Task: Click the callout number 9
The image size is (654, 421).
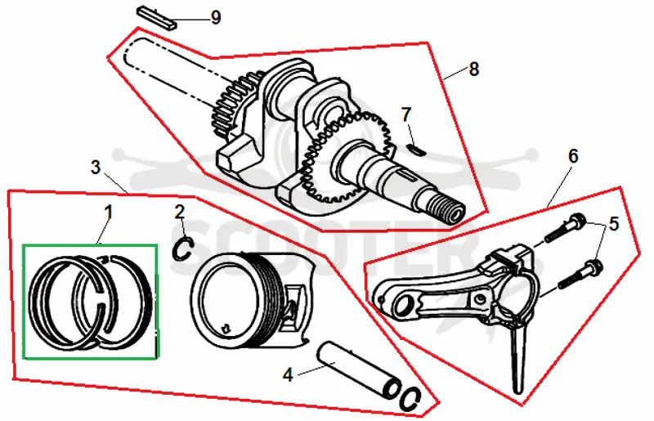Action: [x=216, y=17]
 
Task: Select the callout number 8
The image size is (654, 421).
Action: [x=474, y=69]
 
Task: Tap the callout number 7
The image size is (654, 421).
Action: [x=406, y=114]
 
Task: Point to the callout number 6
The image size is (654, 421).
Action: [x=574, y=156]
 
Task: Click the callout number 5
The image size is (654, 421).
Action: [x=614, y=224]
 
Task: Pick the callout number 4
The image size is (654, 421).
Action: [x=289, y=374]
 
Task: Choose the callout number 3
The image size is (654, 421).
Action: [x=96, y=168]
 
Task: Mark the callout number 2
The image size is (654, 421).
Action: [x=180, y=213]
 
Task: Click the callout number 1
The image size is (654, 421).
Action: [x=109, y=213]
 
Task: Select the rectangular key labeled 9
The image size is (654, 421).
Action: [x=157, y=17]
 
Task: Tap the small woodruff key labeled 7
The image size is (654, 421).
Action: [x=416, y=150]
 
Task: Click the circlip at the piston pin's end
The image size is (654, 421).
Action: [x=410, y=399]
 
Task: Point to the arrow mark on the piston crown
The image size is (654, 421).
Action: [x=226, y=328]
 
